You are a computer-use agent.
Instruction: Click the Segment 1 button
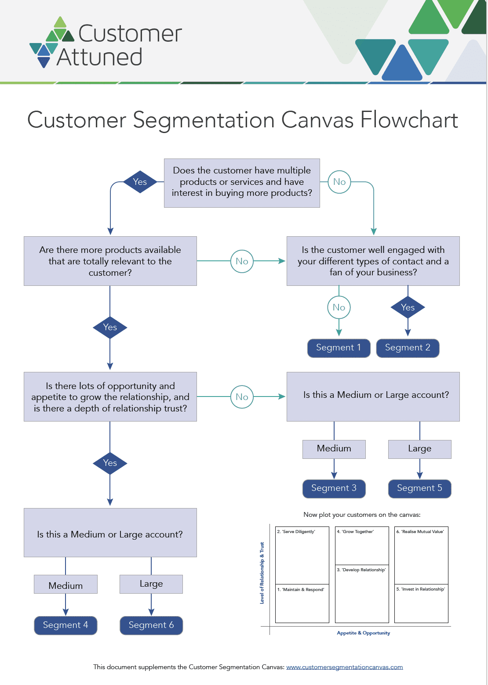339,348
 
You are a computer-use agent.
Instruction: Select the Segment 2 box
408,348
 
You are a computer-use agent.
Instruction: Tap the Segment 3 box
334,488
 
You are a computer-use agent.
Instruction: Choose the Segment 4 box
66,625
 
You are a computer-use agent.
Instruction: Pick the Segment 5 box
419,488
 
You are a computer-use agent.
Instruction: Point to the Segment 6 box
151,625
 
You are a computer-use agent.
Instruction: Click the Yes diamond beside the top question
140,182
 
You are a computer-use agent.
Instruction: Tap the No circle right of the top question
339,182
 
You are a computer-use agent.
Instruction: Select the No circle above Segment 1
339,307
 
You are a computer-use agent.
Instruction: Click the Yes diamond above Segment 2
408,307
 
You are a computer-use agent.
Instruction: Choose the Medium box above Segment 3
334,449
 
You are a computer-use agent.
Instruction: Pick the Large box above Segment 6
151,584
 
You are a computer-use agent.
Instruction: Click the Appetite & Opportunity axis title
363,633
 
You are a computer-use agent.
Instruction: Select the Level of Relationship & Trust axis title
262,573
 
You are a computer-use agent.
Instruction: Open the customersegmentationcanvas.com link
344,667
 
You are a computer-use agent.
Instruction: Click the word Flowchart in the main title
409,120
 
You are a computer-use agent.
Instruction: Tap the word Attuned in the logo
99,58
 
